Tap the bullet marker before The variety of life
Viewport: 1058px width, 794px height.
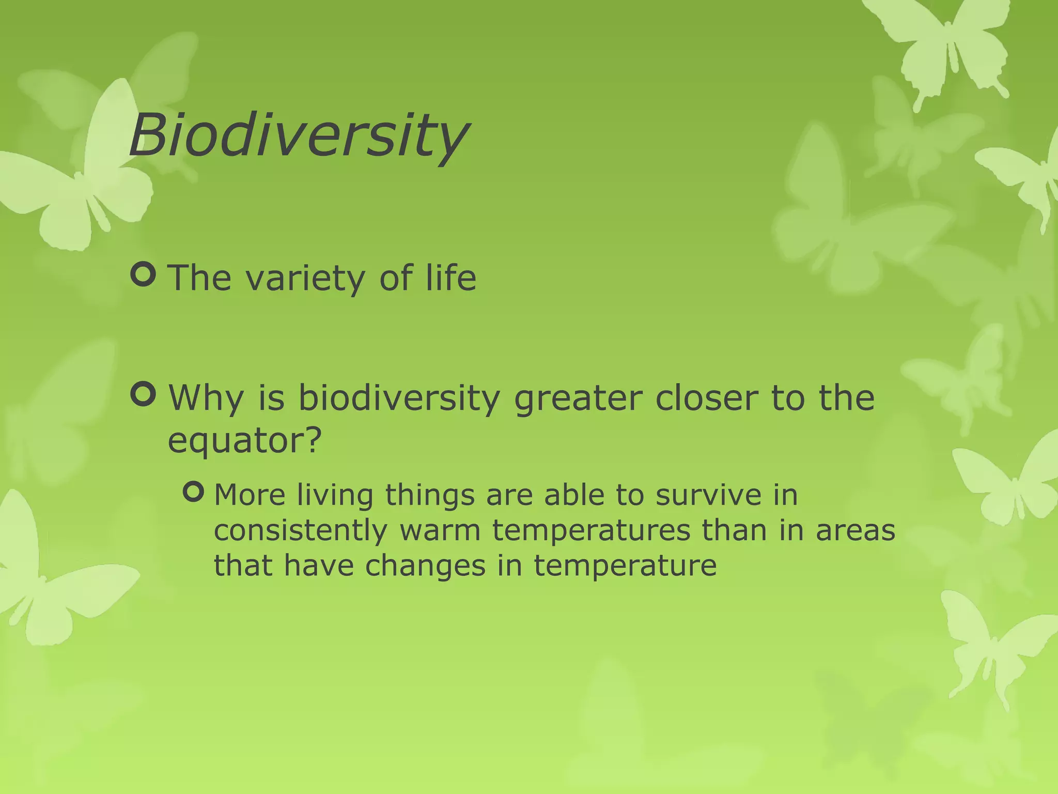pyautogui.click(x=143, y=275)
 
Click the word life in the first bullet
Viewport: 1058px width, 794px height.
pyautogui.click(x=450, y=278)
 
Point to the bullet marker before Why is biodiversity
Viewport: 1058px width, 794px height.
pyautogui.click(x=143, y=394)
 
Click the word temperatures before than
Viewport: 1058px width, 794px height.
pyautogui.click(x=591, y=531)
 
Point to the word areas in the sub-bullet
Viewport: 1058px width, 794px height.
pyautogui.click(x=855, y=530)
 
